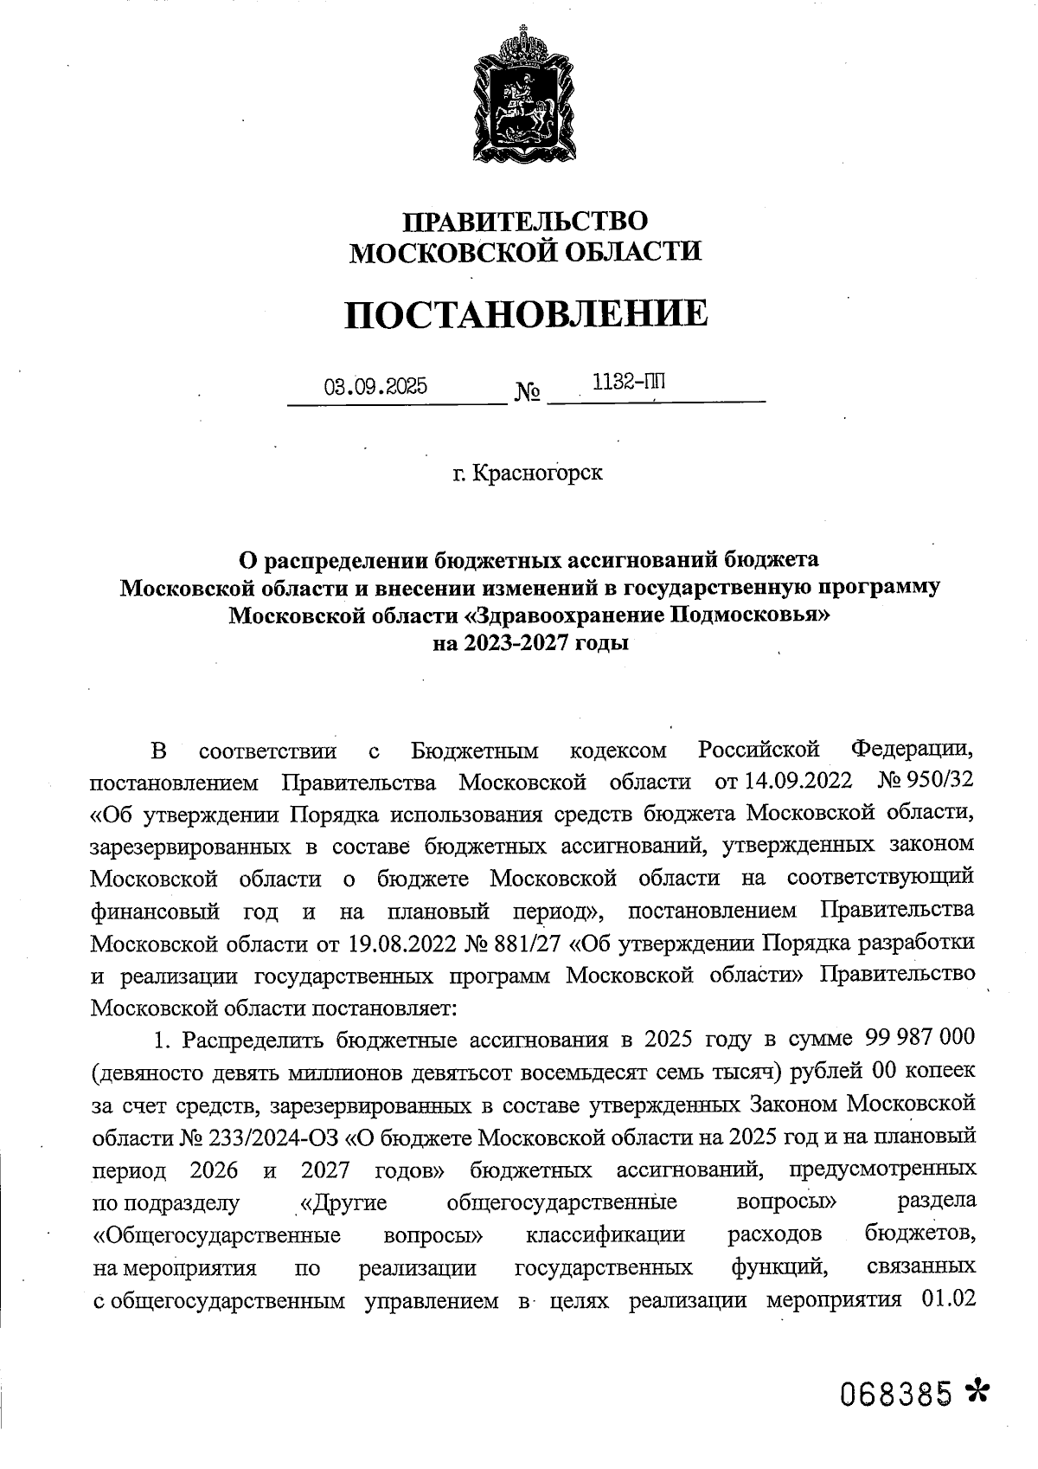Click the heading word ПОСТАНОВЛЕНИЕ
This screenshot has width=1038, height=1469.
[526, 314]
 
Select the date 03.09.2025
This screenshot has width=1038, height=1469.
[375, 387]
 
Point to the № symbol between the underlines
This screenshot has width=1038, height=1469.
[528, 394]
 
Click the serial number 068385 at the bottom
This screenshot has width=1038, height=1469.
[896, 1395]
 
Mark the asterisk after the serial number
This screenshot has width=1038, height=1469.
[977, 1392]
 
